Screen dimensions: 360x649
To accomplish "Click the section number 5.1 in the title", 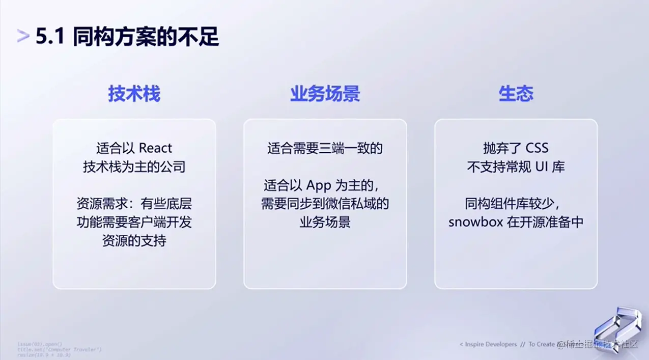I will click(50, 37).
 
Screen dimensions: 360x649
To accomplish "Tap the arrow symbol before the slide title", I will click(23, 36).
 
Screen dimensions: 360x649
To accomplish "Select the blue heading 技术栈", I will click(134, 94).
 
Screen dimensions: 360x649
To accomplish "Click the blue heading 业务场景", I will click(325, 94).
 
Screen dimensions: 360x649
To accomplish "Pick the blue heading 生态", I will click(516, 94).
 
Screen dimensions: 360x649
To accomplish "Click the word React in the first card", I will click(155, 148).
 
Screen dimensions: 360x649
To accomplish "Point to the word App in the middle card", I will click(319, 185).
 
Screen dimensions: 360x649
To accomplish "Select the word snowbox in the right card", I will click(475, 223).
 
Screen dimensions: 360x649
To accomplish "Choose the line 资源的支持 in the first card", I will click(134, 241).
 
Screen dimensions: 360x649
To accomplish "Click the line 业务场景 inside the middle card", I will click(325, 223).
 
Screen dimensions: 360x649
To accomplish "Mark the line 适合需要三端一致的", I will click(325, 148).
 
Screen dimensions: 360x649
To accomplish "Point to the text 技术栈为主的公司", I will click(134, 167).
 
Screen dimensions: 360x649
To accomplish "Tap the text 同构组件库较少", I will click(512, 204).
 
